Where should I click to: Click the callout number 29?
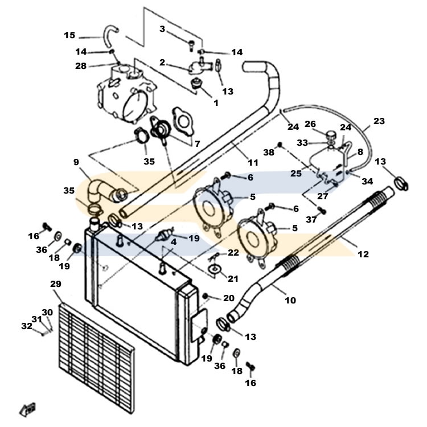click(x=56, y=284)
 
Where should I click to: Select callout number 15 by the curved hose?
click(x=69, y=35)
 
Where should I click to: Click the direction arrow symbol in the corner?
click(x=28, y=409)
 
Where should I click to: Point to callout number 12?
click(x=363, y=254)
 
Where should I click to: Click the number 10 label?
click(x=290, y=300)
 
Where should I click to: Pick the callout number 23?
click(x=379, y=121)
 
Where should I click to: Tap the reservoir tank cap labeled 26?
click(x=331, y=134)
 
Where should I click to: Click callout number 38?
click(x=269, y=152)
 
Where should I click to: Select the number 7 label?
click(x=198, y=143)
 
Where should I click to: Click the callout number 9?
click(x=76, y=162)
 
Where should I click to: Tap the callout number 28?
click(x=81, y=65)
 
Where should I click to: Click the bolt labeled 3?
click(x=191, y=45)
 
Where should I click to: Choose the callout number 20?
click(x=229, y=298)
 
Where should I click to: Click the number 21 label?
click(x=233, y=278)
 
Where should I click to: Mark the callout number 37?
click(x=311, y=219)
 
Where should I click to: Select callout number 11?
click(x=253, y=163)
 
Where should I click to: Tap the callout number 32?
click(x=27, y=326)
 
